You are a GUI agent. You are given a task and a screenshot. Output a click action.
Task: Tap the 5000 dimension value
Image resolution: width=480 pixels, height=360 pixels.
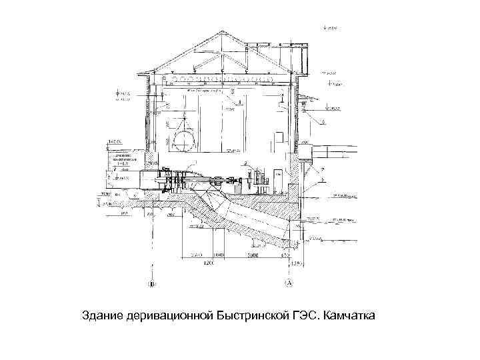pos(252,255)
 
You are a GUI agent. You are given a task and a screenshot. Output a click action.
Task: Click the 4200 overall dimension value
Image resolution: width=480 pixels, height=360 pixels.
pos(209,263)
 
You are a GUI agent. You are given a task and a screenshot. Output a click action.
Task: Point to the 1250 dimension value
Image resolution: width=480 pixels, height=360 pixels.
pos(297,263)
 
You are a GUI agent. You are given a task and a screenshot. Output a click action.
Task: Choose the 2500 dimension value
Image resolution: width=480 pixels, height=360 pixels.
pos(195,255)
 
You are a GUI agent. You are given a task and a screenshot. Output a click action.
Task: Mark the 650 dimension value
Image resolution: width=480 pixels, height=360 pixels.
pos(283,255)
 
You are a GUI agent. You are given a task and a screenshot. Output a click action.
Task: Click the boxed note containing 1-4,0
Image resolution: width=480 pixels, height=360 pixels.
pos(124,161)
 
